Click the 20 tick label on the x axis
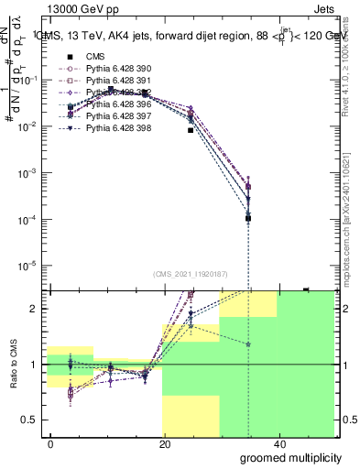click(165, 443)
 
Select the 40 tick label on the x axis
click(278, 443)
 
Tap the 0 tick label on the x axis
click(51, 443)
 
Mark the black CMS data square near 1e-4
click(248, 218)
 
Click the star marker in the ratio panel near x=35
click(248, 344)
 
